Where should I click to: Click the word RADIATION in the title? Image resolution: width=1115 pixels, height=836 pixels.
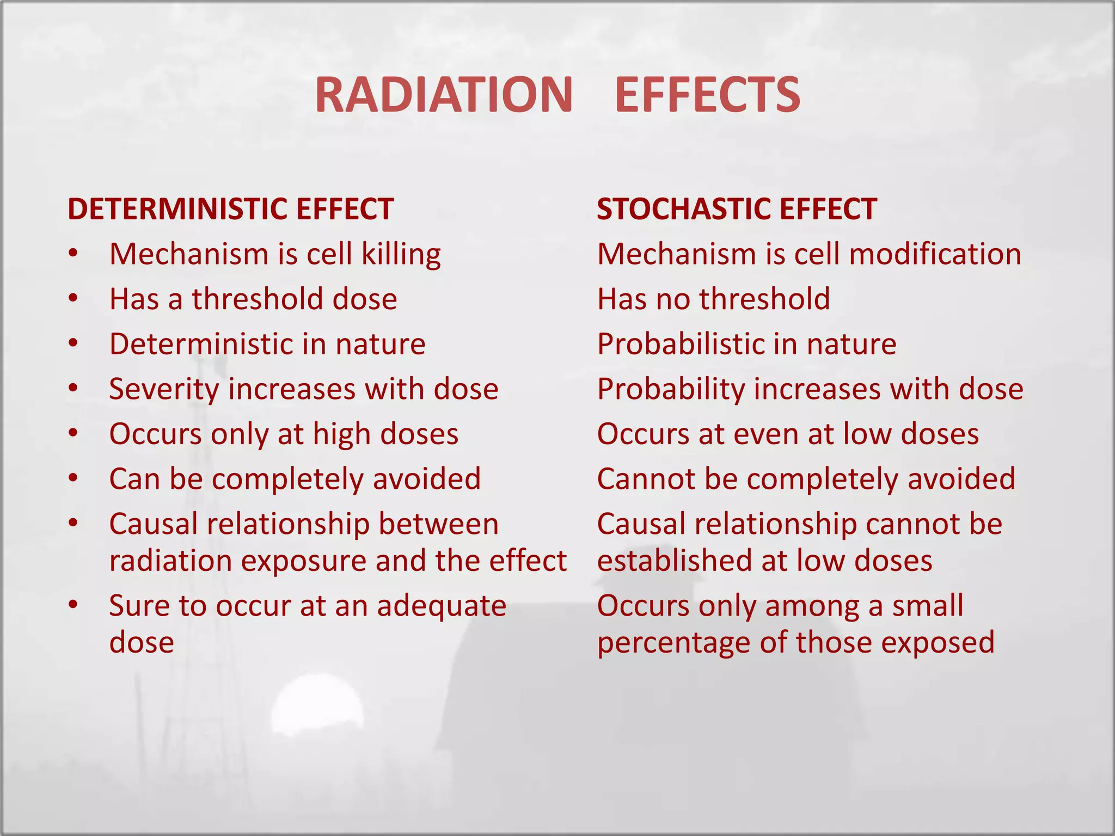(x=444, y=95)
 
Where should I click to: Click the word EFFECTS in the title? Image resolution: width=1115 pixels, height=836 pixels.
(x=707, y=95)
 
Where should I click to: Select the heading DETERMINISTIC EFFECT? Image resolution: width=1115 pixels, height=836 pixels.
(x=230, y=209)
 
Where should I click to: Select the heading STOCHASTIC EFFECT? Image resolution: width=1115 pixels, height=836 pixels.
(x=737, y=209)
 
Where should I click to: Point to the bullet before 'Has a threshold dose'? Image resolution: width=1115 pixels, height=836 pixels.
(x=73, y=299)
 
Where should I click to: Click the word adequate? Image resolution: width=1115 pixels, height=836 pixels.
(x=442, y=606)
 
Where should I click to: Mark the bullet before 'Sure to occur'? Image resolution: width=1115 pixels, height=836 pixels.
(x=73, y=605)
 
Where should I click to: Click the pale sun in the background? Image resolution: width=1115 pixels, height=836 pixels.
(x=317, y=713)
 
